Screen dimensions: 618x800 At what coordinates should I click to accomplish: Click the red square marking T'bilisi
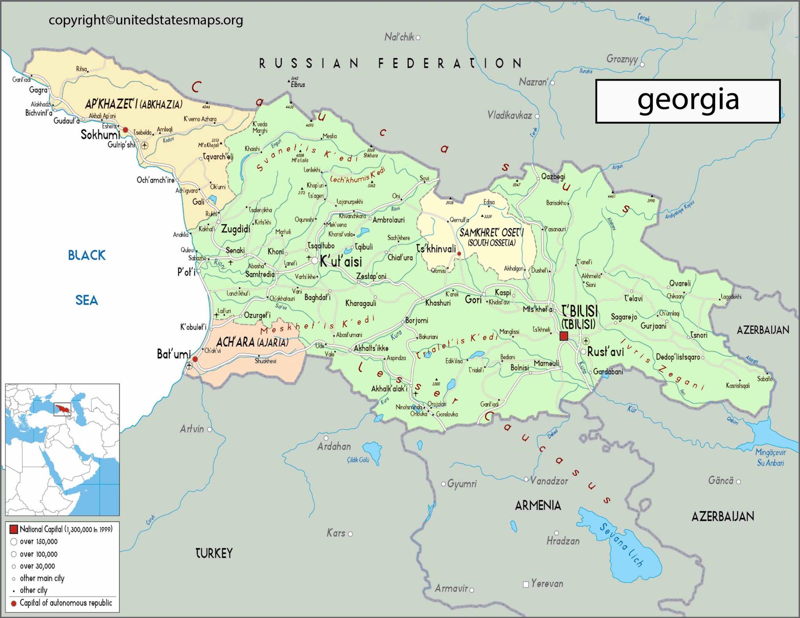pos(564,336)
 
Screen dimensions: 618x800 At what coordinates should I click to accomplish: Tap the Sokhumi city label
pos(100,135)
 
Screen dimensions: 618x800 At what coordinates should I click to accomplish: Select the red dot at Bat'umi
pos(195,359)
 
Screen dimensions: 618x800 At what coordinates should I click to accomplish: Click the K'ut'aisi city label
pos(341,262)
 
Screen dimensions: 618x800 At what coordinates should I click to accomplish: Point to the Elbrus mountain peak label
pos(298,85)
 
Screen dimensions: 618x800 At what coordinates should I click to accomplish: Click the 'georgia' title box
pos(687,101)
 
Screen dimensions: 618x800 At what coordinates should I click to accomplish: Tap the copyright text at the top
pos(146,20)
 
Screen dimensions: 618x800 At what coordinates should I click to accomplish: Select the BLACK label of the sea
pos(87,255)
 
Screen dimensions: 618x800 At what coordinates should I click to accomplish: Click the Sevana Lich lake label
pos(621,545)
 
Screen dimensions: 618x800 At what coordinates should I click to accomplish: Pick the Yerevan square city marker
pos(526,584)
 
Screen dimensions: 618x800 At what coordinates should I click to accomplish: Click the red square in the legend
pos(14,529)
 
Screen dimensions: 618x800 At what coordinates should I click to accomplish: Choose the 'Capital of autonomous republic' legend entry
pos(66,603)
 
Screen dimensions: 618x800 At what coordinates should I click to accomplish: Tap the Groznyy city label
pos(622,59)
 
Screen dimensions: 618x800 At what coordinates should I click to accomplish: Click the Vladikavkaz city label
pos(509,115)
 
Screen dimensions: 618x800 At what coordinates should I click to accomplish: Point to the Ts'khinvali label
pos(436,249)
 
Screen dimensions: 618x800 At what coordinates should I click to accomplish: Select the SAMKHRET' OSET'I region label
pos(491,233)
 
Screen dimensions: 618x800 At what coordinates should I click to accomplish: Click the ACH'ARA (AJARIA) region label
pos(252,342)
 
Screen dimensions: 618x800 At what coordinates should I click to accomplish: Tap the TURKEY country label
pos(214,553)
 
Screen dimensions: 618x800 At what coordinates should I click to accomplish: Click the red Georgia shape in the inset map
pos(62,409)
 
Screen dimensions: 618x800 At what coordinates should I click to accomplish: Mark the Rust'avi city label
pos(605,352)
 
